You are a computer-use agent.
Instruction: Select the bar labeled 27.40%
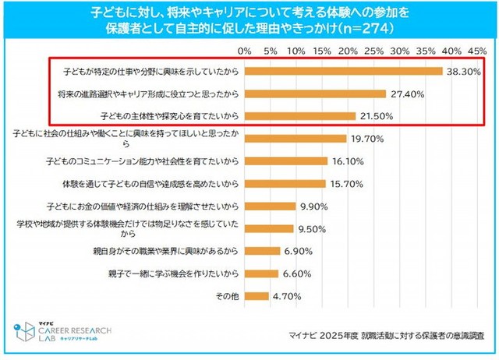point(315,94)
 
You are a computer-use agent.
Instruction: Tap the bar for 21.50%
point(299,116)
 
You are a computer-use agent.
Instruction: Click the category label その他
point(225,297)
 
